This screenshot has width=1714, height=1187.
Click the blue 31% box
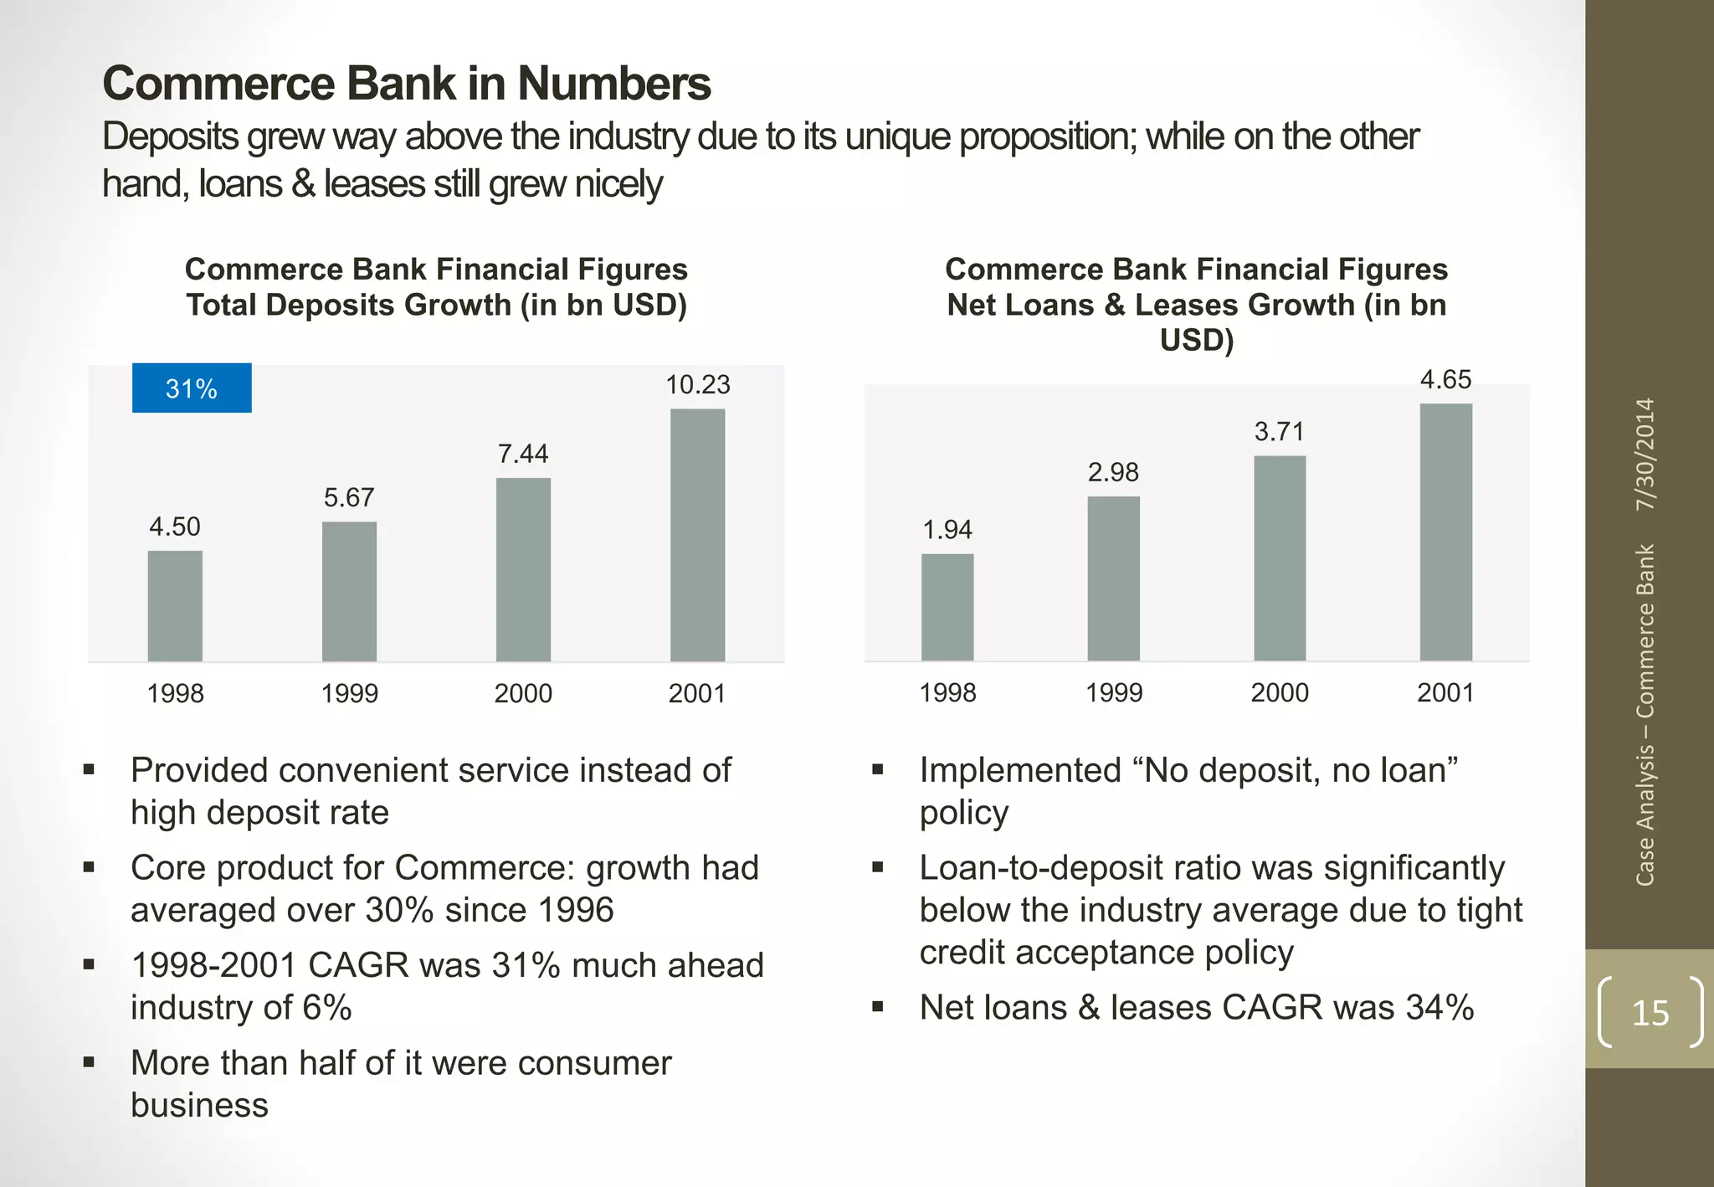(192, 388)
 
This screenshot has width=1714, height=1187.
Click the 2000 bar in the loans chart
(1279, 558)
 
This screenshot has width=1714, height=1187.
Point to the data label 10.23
(697, 385)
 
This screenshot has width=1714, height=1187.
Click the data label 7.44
(523, 454)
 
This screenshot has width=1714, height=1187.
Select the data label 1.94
(947, 529)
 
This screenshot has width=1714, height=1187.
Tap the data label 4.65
(1445, 379)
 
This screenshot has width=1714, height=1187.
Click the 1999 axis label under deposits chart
(349, 693)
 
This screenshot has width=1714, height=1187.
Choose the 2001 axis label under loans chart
(1445, 692)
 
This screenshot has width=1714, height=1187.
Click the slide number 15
(1650, 1013)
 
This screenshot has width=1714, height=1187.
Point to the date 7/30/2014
(1645, 454)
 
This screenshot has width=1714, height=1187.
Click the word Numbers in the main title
(613, 84)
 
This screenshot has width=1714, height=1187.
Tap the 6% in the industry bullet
(326, 1007)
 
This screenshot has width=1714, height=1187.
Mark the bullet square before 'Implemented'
(877, 769)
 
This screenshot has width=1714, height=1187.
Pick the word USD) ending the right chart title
(1196, 340)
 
